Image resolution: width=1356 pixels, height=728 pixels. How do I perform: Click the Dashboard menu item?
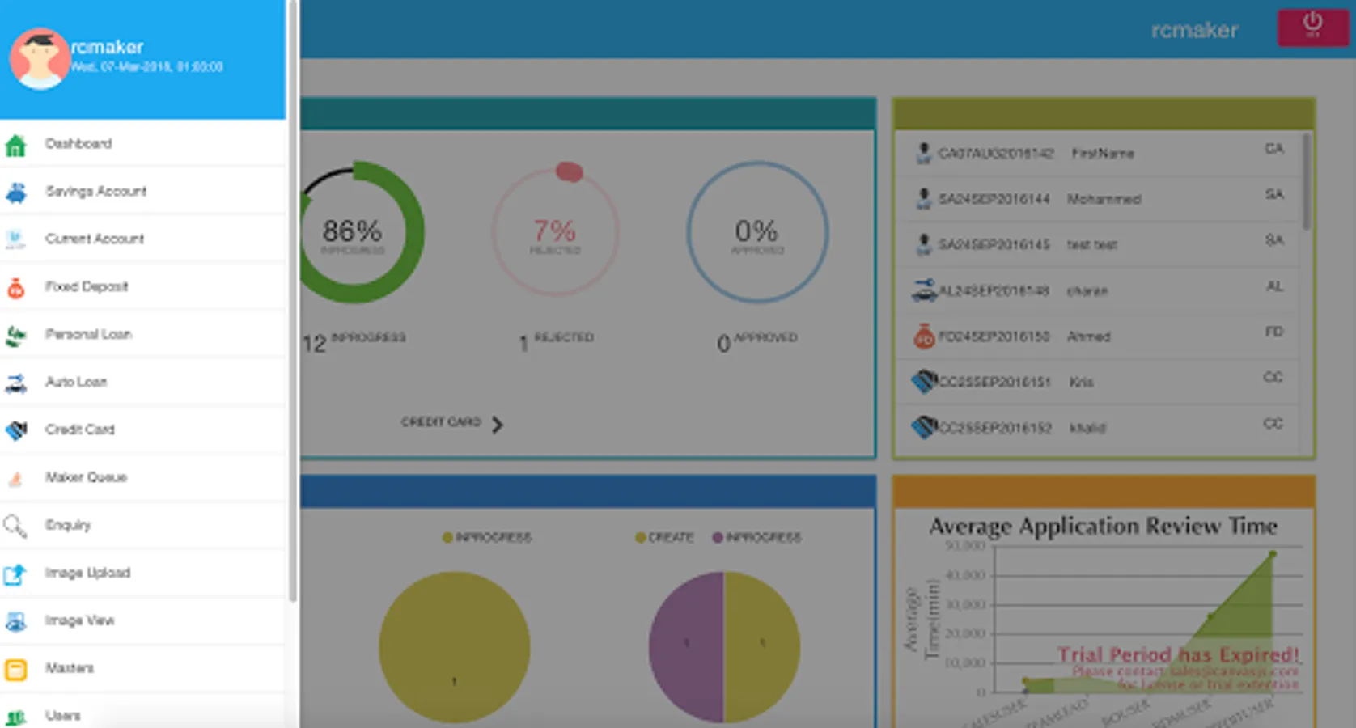(x=78, y=144)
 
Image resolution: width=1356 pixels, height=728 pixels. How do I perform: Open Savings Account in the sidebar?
(x=95, y=192)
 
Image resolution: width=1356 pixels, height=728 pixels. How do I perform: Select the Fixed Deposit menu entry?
(x=86, y=287)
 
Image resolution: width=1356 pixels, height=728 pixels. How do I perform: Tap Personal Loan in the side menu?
(x=88, y=335)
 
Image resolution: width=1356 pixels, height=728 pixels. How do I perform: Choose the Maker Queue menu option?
(x=86, y=478)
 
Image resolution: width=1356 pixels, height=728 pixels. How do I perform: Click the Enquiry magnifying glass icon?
(x=15, y=526)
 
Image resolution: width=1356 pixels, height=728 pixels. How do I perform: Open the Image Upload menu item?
(x=87, y=574)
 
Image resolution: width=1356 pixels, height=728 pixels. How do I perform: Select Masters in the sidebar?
(x=70, y=669)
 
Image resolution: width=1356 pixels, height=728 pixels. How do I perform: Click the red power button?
(x=1312, y=26)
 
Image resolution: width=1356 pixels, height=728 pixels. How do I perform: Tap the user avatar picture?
(x=38, y=58)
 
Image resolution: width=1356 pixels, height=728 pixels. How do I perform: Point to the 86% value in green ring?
(x=352, y=232)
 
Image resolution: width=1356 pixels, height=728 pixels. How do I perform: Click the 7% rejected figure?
(x=555, y=232)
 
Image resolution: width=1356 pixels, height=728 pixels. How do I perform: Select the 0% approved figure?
(x=756, y=232)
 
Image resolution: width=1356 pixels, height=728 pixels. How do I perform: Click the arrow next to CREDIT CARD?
(x=498, y=425)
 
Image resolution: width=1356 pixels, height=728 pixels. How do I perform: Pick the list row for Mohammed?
(x=1104, y=199)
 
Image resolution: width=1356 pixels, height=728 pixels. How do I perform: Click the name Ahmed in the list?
(x=1088, y=336)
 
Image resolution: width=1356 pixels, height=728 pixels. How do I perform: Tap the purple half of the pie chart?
(x=686, y=647)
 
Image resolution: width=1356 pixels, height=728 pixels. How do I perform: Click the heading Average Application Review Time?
(x=1103, y=527)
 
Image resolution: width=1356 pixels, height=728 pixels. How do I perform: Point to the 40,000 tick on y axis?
(x=966, y=575)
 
